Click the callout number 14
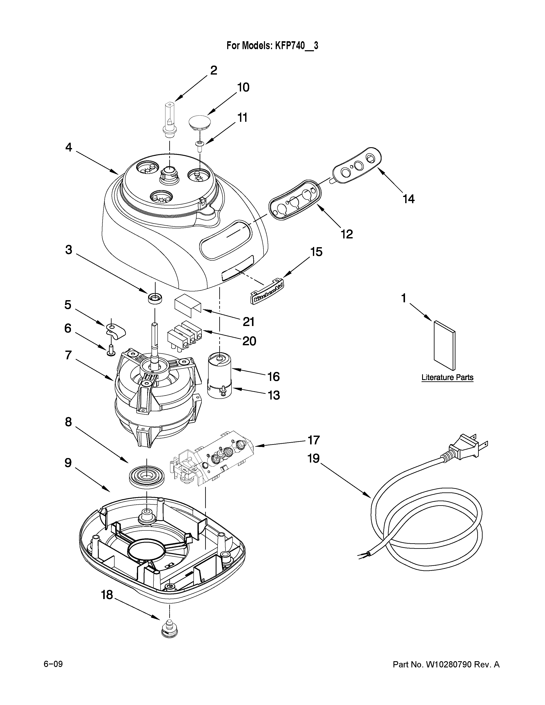[x=408, y=199]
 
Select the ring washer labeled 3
[x=155, y=298]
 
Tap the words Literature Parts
[x=447, y=377]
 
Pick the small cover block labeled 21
[x=187, y=305]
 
